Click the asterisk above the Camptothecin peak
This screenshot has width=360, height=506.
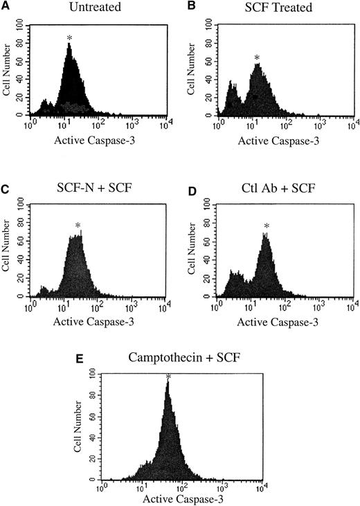168,377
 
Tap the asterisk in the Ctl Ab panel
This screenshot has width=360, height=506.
267,226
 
